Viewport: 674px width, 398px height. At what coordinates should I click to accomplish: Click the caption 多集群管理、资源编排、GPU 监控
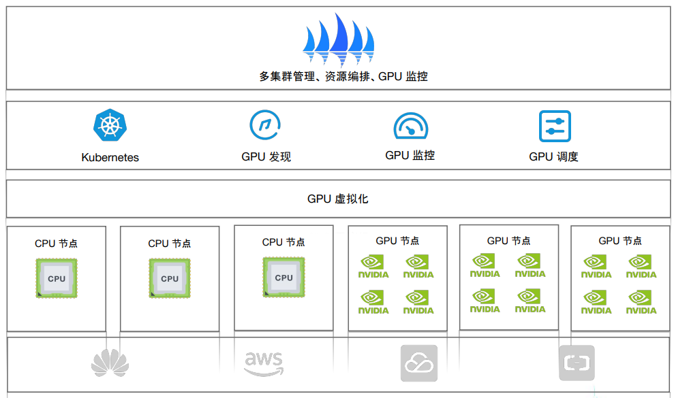click(343, 76)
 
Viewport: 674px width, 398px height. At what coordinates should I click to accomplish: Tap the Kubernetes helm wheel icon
click(110, 126)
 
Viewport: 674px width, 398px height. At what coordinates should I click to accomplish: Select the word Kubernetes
click(110, 157)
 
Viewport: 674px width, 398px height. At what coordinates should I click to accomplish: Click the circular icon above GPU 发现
click(265, 125)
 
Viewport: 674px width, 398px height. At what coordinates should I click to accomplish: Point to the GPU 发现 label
click(266, 156)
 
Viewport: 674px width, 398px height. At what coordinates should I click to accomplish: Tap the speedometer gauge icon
click(410, 127)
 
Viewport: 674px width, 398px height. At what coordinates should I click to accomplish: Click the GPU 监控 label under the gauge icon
click(410, 155)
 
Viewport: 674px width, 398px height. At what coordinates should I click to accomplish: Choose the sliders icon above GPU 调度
click(555, 126)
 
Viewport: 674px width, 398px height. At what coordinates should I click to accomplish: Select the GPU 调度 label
click(553, 156)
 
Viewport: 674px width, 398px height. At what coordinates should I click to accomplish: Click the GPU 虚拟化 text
click(338, 199)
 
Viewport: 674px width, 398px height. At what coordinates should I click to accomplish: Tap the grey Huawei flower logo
click(110, 362)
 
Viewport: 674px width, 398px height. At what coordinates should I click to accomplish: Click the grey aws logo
click(264, 363)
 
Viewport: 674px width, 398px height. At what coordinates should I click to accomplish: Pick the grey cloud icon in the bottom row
click(418, 363)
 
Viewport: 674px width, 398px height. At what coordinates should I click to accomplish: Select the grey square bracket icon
click(577, 363)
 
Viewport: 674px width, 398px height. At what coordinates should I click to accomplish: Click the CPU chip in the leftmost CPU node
click(57, 278)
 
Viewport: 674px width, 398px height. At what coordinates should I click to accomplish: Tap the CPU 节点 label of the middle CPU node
click(170, 243)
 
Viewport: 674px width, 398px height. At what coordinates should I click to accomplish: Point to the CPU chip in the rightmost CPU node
click(284, 277)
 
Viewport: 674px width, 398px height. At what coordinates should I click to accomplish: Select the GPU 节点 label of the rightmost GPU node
click(620, 241)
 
